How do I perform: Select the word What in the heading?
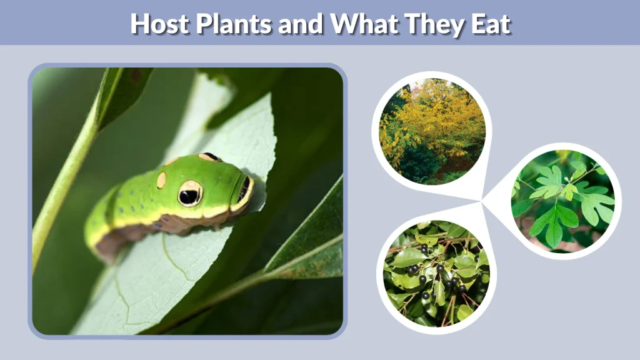tap(361, 23)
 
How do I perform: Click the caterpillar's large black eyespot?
tap(189, 194)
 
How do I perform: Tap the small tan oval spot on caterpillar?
tap(161, 180)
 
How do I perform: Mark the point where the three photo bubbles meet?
tap(482, 201)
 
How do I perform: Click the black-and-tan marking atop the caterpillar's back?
tap(209, 157)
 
